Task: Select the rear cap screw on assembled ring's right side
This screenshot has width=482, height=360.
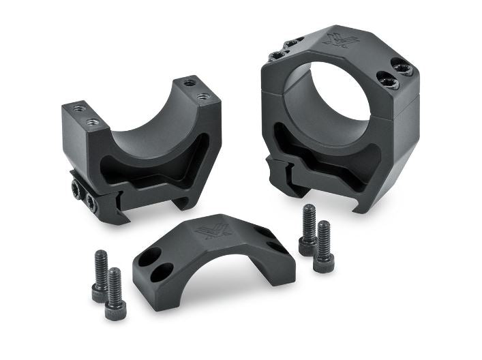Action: point(395,67)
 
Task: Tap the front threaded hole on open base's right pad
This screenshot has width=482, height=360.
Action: point(202,97)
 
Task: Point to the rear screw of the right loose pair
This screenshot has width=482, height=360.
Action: point(308,228)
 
